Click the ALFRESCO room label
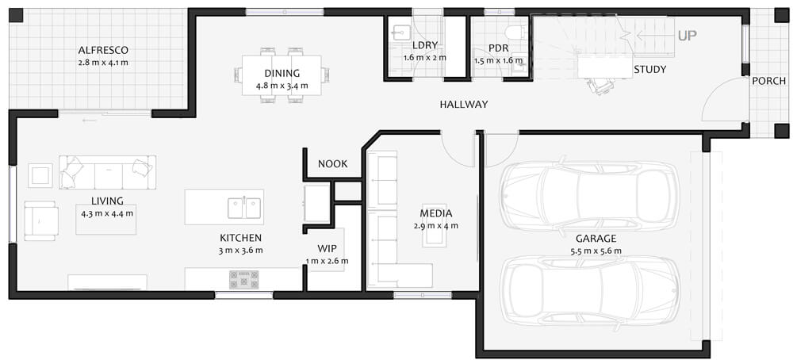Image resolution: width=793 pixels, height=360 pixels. [x=103, y=50]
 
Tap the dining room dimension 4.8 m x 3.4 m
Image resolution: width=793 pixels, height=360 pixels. [x=282, y=86]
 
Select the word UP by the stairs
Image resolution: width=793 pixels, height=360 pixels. [x=687, y=36]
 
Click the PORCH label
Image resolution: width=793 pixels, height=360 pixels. [x=768, y=81]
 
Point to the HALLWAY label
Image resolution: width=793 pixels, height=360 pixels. [x=463, y=105]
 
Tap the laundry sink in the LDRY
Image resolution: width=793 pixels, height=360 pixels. [x=402, y=32]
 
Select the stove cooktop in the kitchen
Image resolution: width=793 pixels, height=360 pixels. [x=243, y=279]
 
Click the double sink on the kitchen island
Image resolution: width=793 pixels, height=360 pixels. [x=244, y=208]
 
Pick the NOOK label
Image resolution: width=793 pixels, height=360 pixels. [x=333, y=164]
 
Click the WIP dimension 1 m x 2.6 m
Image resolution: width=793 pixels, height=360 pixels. [x=327, y=262]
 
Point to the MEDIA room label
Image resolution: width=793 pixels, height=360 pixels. [x=436, y=213]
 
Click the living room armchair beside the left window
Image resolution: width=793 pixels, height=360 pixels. [x=40, y=220]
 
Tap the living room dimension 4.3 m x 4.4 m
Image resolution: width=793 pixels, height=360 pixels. [x=107, y=213]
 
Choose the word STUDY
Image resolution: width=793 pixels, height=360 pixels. [x=650, y=70]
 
